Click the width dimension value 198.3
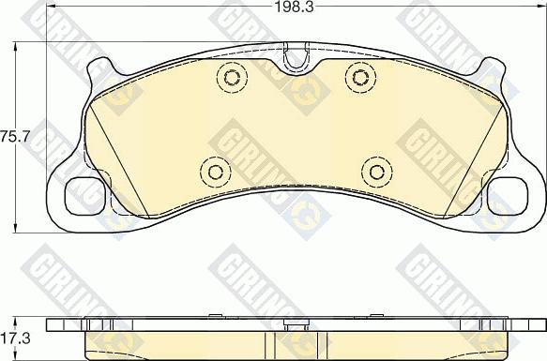(x=295, y=7)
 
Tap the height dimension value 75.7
(x=15, y=136)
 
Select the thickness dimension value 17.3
(x=15, y=338)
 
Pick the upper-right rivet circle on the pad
(x=360, y=77)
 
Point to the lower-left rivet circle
(x=216, y=172)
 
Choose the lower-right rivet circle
(x=377, y=172)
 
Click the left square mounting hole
(x=84, y=196)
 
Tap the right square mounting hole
(x=508, y=196)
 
